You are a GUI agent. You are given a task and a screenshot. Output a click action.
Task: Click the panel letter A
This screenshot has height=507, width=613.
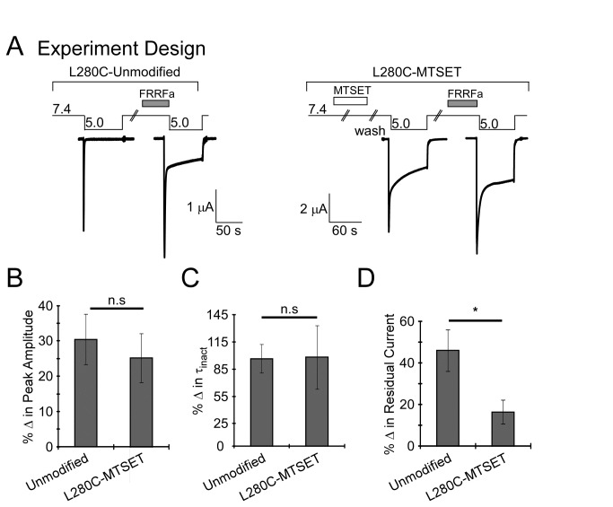click(x=15, y=47)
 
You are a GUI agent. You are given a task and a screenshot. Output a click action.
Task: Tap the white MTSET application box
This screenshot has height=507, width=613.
click(x=350, y=101)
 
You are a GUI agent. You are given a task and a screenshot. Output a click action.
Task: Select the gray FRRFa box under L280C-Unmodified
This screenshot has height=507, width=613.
click(x=154, y=101)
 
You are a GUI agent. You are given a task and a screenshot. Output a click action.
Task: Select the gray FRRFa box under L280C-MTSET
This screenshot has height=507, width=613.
click(x=462, y=103)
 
